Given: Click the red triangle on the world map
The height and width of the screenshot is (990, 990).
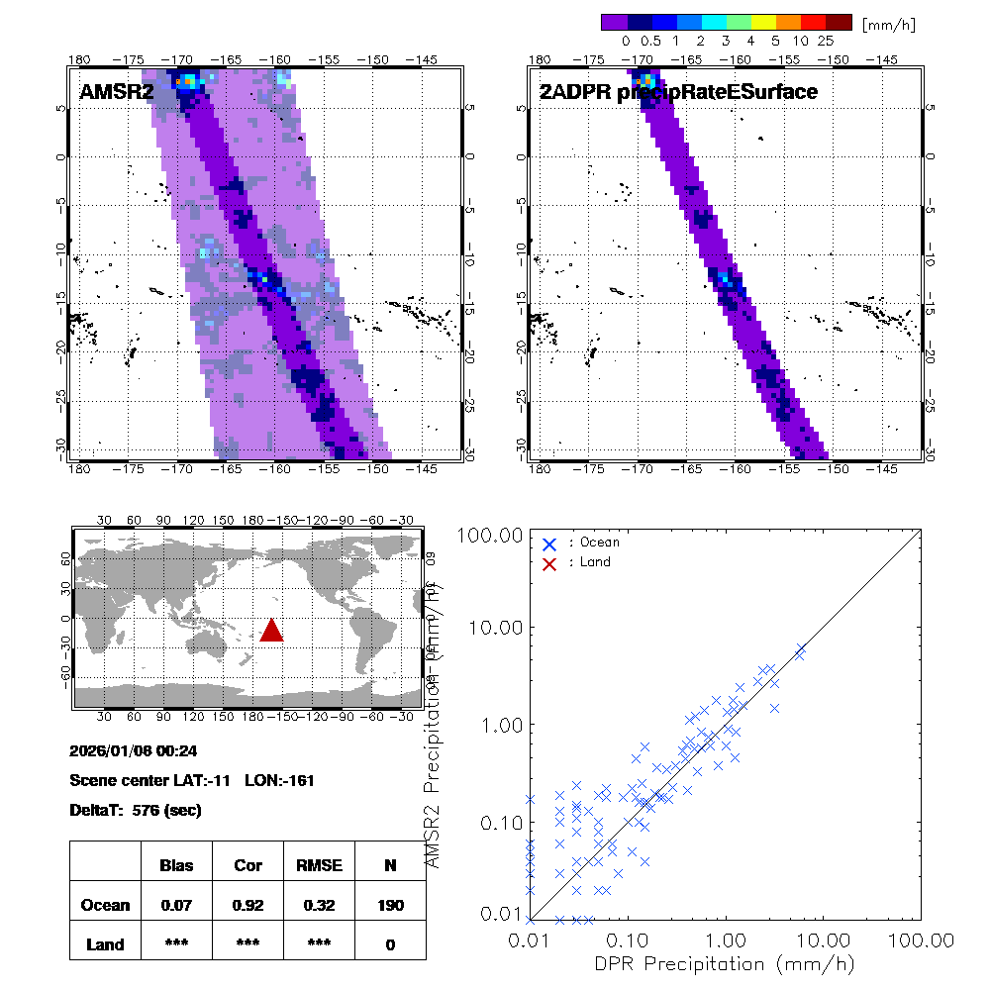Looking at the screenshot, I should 271,631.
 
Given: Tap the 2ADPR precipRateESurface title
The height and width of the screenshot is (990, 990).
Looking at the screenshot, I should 677,92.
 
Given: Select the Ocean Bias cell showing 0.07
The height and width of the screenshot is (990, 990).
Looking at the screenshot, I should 177,905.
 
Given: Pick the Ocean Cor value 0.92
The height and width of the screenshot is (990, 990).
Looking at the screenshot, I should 247,905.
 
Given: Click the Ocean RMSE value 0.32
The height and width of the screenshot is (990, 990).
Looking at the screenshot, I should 319,905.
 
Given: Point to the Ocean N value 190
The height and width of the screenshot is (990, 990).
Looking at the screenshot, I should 390,905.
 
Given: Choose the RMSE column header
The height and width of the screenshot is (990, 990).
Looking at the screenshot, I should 319,865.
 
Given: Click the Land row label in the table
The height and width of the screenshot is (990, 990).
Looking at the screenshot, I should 106,944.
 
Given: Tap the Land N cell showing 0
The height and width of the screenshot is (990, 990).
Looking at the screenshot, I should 390,944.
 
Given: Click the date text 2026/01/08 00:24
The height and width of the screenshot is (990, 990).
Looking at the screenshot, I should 134,750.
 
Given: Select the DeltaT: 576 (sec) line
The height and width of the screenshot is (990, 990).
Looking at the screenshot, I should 136,810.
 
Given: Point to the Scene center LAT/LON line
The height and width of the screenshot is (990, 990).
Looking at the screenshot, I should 192,780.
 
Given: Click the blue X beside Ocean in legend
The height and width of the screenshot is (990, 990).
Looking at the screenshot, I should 549,544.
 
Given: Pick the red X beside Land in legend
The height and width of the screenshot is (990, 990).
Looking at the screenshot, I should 549,563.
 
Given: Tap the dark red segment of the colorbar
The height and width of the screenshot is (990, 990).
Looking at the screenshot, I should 839,22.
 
